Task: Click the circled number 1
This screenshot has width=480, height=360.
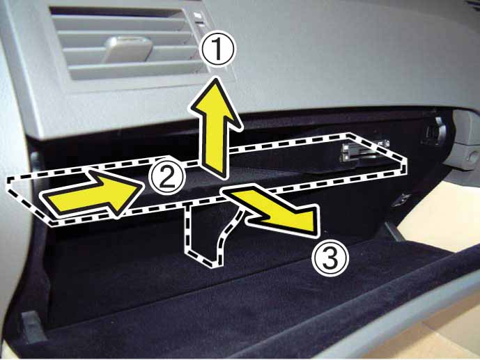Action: [217, 48]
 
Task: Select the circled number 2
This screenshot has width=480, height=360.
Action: [167, 176]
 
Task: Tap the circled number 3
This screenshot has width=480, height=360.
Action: [330, 257]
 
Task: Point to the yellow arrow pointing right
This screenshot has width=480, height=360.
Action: [92, 194]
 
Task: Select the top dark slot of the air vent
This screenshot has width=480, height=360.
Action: [116, 13]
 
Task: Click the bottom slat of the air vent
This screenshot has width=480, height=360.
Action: [134, 70]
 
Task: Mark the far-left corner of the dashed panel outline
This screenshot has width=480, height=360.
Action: [8, 180]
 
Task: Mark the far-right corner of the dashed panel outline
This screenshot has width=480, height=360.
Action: [406, 159]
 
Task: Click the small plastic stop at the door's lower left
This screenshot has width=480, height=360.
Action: [32, 327]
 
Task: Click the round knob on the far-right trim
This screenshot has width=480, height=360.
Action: [470, 155]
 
